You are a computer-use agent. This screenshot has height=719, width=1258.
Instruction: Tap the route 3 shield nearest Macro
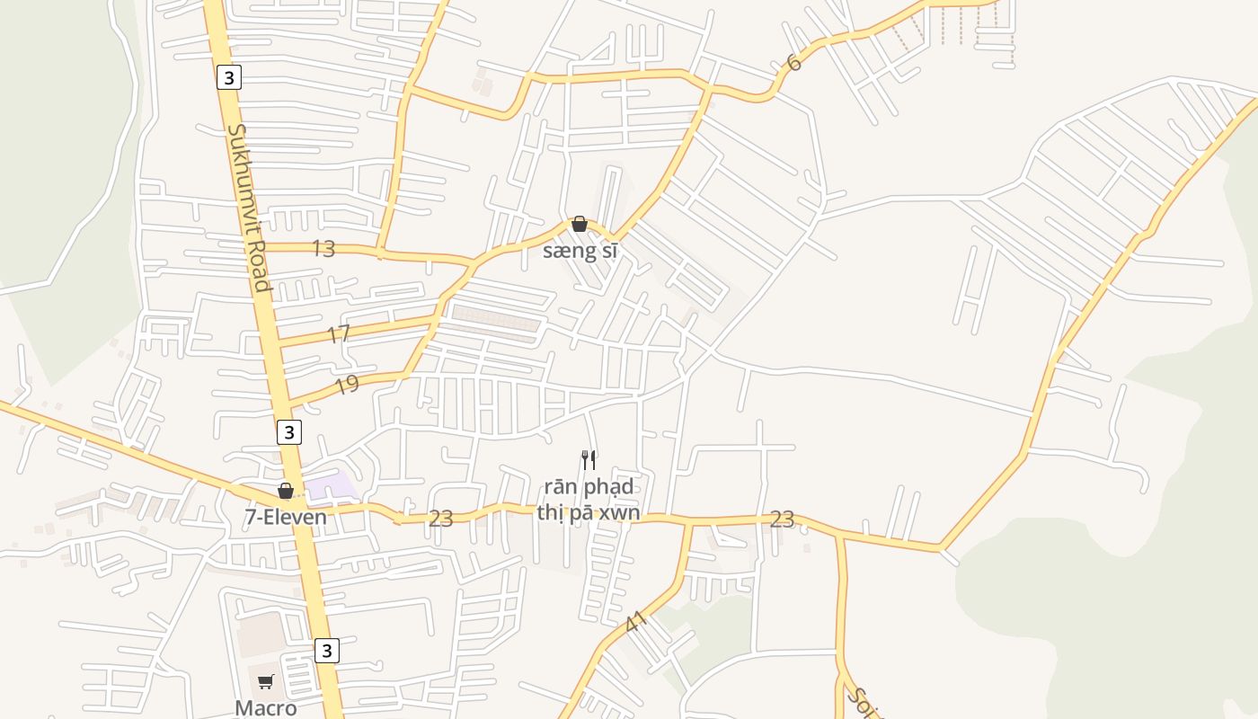click(327, 650)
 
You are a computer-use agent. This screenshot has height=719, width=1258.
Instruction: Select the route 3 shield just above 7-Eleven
click(288, 432)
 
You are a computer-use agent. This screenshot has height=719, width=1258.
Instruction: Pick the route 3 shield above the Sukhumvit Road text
click(229, 77)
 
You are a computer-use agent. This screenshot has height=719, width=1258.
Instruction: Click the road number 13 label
click(323, 249)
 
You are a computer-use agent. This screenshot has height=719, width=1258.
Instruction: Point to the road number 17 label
click(338, 334)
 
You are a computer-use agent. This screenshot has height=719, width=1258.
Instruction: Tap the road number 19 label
click(347, 385)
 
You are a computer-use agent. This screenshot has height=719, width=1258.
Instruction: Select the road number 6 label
click(793, 62)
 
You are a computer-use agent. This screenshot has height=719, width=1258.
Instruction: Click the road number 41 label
click(635, 621)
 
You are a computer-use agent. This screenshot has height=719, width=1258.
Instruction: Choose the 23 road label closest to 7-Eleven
click(440, 519)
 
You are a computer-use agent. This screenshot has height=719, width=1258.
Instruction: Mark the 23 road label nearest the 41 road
click(782, 519)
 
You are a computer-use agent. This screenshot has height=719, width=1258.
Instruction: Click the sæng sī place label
click(580, 251)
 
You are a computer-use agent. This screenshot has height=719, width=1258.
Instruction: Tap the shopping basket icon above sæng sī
click(580, 224)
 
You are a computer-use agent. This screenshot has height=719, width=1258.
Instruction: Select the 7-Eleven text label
click(286, 517)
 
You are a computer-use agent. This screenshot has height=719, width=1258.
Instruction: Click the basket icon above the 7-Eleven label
click(286, 491)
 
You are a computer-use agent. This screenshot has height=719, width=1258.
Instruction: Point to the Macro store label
click(266, 708)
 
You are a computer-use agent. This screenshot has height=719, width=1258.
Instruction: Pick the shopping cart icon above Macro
click(266, 681)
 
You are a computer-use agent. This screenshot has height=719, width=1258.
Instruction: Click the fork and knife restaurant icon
click(589, 460)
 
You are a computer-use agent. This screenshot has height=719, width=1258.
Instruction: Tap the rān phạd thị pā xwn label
click(589, 500)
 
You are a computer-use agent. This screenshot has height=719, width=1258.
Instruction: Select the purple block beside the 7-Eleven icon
click(332, 486)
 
